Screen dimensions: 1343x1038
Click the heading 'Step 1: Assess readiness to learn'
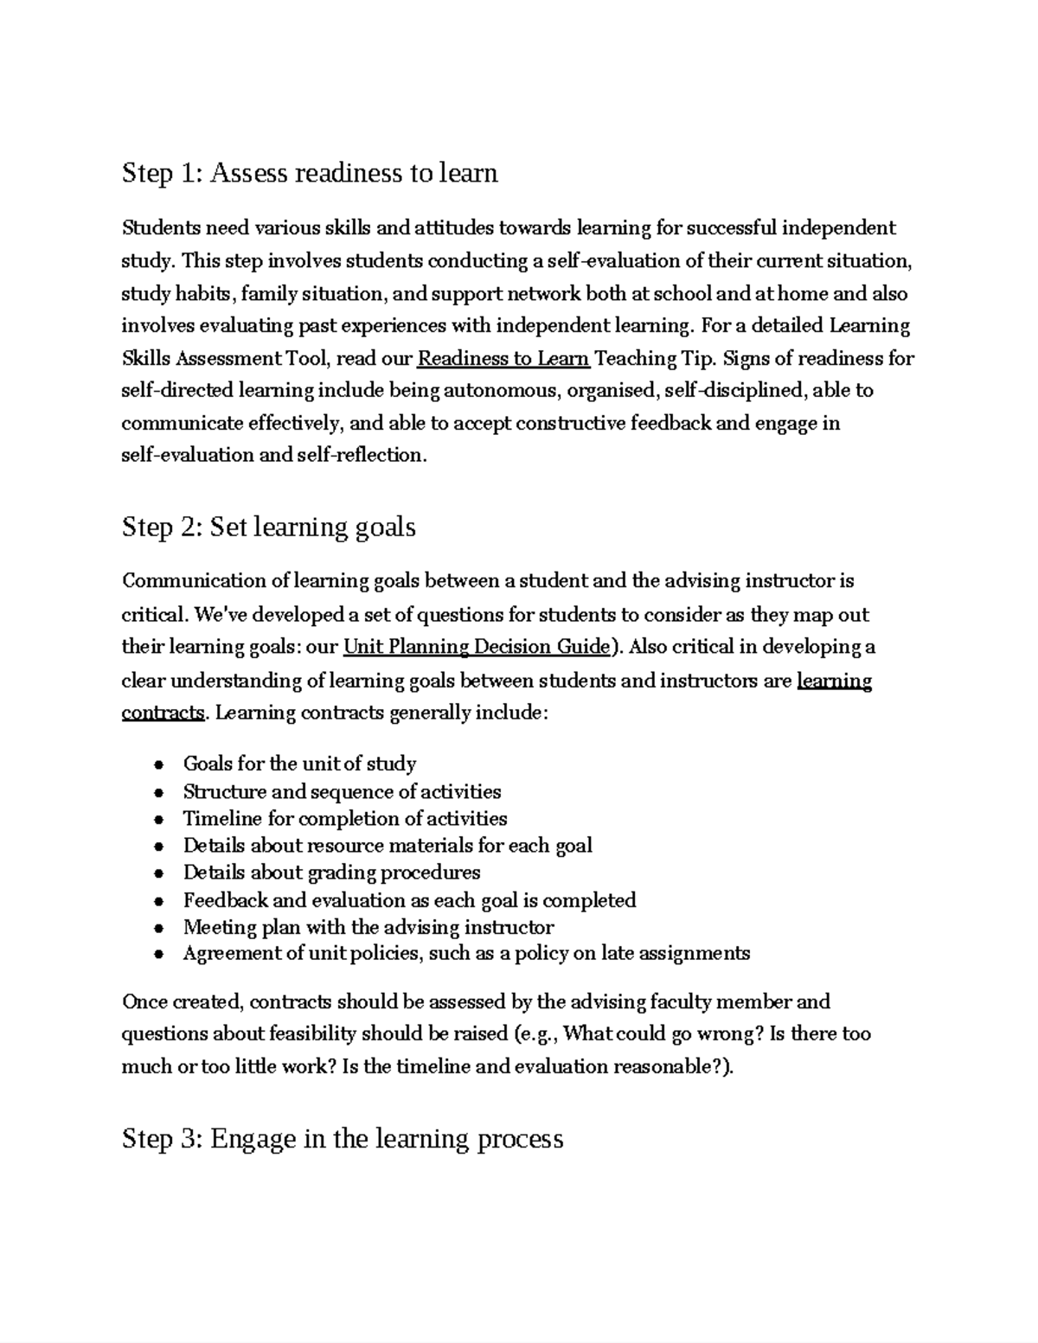[310, 173]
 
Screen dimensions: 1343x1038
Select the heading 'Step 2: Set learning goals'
[269, 527]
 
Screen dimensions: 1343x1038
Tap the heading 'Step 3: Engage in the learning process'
[343, 1138]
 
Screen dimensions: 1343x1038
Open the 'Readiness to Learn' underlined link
[503, 358]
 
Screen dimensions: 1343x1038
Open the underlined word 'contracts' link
[163, 713]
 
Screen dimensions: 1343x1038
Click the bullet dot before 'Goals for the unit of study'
[157, 765]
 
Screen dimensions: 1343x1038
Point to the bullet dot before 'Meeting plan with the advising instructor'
[157, 929]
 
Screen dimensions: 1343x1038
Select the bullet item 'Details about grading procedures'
[331, 873]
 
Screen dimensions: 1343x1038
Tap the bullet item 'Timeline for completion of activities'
[345, 819]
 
